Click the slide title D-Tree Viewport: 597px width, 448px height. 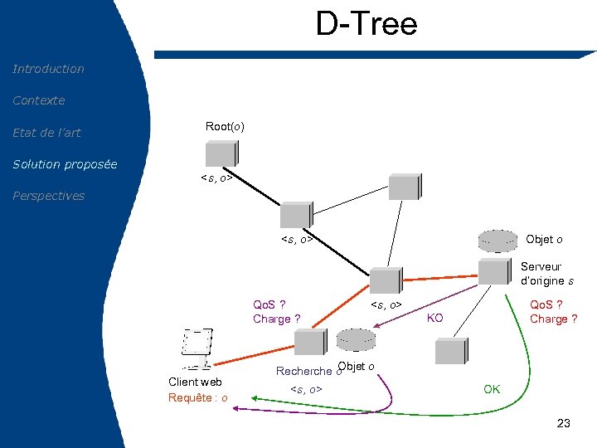point(366,24)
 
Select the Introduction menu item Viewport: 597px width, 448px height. point(48,69)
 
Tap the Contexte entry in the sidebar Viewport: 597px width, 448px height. point(38,100)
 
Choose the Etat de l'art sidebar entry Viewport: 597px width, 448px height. point(46,133)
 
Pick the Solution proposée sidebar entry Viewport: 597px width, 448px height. point(65,164)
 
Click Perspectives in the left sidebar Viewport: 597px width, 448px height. point(48,196)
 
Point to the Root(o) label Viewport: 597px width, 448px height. point(225,126)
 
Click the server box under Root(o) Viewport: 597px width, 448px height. point(222,154)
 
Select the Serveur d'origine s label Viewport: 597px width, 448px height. point(546,274)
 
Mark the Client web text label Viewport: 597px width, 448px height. point(195,382)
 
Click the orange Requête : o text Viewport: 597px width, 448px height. point(198,398)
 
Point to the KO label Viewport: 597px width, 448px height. point(434,319)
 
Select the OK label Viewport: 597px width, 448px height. point(492,389)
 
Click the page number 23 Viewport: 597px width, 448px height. point(564,424)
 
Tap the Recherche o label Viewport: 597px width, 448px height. point(303,371)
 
